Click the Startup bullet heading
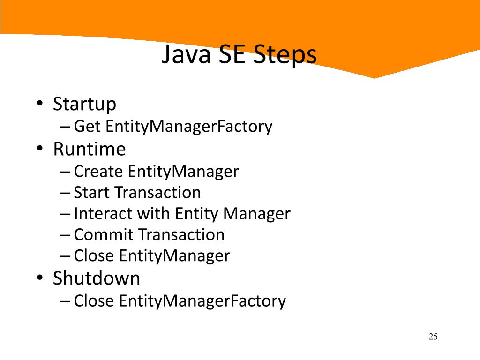coord(84,104)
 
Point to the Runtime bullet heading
coord(89,149)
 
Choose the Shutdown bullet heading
coord(96,278)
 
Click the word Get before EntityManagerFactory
coord(88,127)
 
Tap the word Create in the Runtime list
coord(98,172)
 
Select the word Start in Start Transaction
coord(92,193)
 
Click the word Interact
coord(103,214)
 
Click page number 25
coord(433,337)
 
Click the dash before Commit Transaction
coord(66,235)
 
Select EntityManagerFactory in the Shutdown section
coord(202,301)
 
